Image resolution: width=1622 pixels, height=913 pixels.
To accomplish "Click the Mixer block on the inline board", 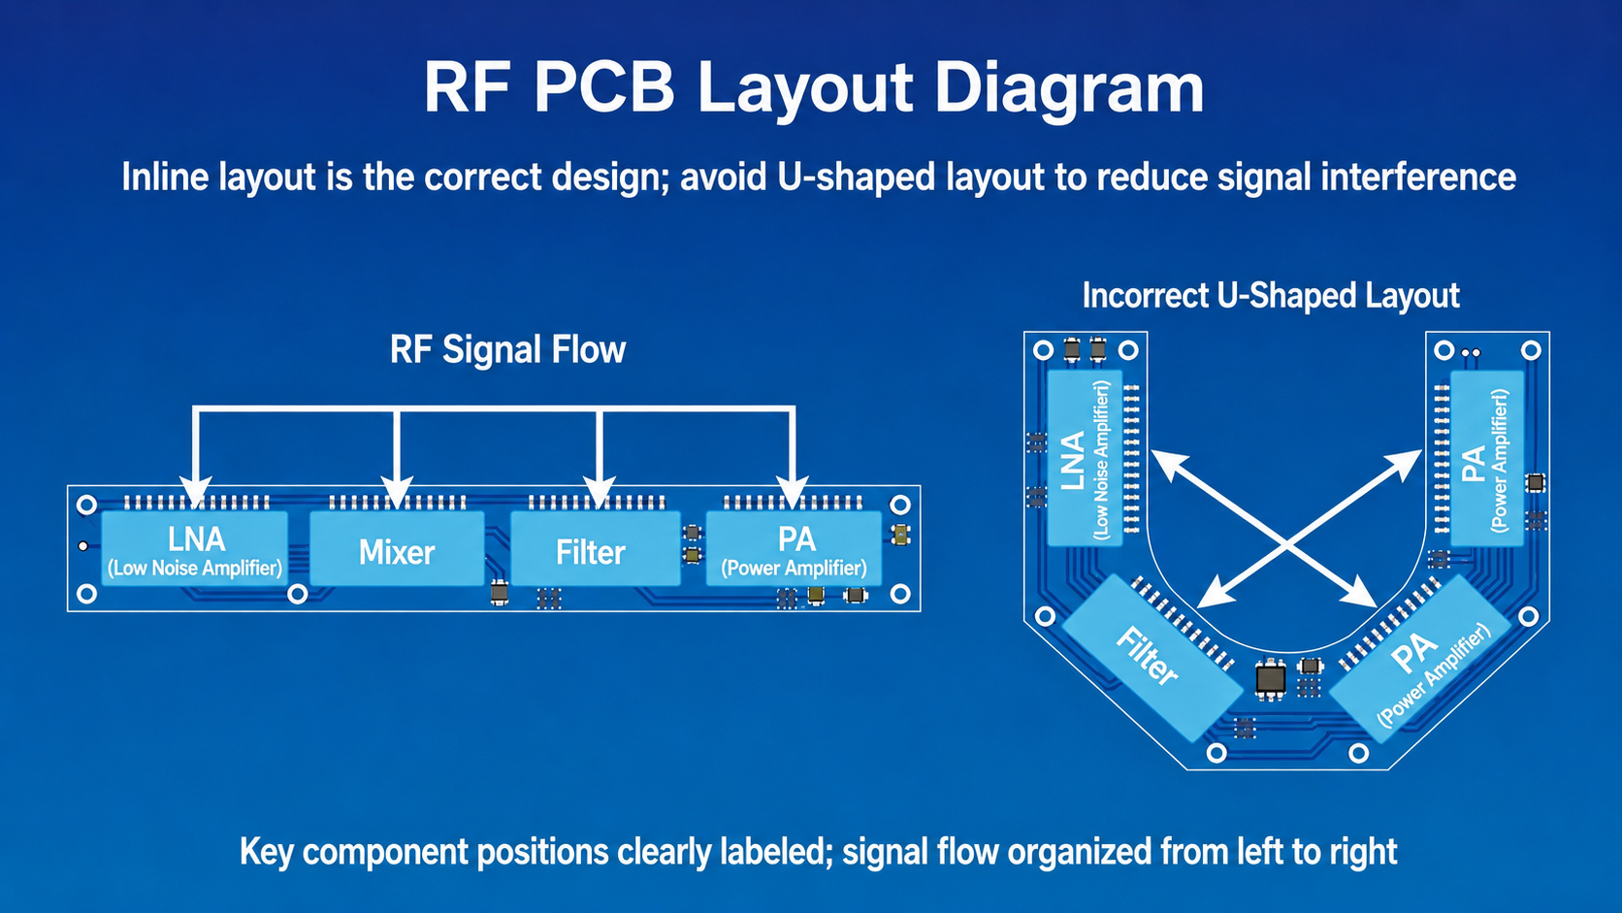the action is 397,549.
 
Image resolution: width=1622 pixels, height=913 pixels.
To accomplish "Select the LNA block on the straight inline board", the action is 195,549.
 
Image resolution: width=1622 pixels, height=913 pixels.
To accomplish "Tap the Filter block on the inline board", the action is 596,549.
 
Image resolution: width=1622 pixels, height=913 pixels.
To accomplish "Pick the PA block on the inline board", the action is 794,549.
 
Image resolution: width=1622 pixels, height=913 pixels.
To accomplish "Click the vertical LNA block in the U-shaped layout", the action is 1085,458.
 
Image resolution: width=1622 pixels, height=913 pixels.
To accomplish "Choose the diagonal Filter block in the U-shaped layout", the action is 1152,658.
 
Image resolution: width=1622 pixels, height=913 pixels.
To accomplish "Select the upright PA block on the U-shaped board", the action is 1487,458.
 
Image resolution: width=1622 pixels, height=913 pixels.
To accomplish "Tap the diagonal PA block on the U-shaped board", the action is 1420,660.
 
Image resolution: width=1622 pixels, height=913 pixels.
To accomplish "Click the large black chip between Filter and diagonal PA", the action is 1270,679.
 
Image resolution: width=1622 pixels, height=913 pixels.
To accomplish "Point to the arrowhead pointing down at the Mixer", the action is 397,492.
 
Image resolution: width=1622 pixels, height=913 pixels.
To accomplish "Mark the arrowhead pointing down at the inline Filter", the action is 599,492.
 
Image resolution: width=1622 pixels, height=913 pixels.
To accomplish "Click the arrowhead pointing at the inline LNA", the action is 196,492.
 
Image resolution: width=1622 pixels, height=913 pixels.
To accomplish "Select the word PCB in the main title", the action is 604,88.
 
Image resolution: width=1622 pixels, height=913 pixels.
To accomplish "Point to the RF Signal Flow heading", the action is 507,349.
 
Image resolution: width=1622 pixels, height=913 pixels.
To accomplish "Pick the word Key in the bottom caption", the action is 266,852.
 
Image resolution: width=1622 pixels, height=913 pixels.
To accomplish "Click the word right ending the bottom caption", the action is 1361,852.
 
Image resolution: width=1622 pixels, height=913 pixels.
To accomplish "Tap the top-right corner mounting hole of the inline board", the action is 900,505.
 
